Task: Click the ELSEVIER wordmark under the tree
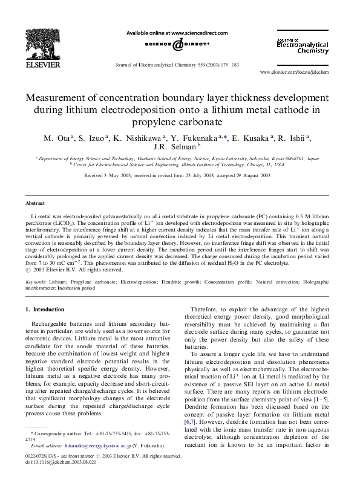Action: click(41, 62)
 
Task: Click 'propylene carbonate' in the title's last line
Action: click(180, 121)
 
